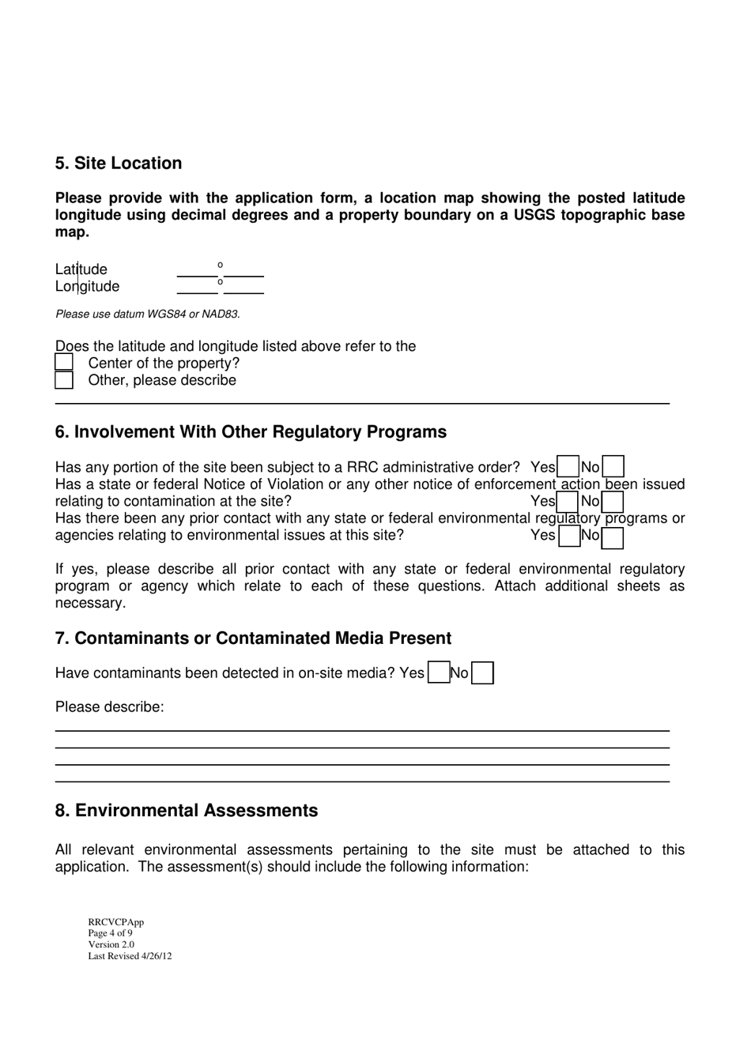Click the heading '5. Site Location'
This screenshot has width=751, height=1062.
(x=119, y=164)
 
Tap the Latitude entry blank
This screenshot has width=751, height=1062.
(x=220, y=270)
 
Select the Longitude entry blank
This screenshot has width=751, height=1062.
(x=220, y=287)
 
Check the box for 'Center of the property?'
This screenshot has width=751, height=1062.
(x=64, y=363)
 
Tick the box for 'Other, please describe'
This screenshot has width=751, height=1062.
(x=64, y=380)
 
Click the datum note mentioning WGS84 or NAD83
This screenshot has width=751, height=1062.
(x=148, y=314)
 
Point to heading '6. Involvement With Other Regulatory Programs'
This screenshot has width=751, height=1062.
(x=251, y=432)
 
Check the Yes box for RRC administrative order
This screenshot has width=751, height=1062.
(x=568, y=467)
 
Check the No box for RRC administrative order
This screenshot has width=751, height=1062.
(x=613, y=467)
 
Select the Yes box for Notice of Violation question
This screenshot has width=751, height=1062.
(x=568, y=502)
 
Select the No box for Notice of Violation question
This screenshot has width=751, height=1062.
(x=613, y=502)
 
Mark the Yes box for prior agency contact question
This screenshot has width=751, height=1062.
(x=568, y=537)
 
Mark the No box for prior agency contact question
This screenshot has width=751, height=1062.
(x=613, y=537)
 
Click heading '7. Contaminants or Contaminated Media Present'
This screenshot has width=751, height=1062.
(x=253, y=638)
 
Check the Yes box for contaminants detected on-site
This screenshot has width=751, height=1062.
(x=438, y=673)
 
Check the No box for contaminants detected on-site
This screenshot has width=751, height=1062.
(x=482, y=673)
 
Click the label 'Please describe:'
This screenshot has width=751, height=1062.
(x=110, y=707)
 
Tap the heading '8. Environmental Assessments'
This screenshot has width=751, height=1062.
(x=187, y=811)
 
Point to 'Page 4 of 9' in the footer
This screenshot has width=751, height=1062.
(x=111, y=933)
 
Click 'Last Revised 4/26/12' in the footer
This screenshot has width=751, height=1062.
(x=130, y=956)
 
